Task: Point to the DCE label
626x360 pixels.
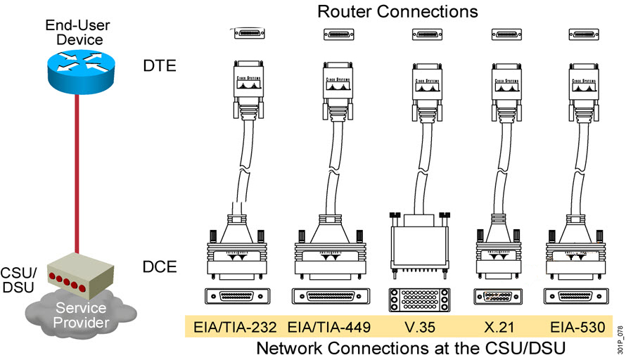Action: pos(159,266)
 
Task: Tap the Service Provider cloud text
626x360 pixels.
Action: pos(81,316)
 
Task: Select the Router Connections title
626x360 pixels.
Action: pos(397,12)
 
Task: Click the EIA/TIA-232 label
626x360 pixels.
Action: pos(234,327)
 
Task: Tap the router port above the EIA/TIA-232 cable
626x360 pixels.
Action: pos(249,33)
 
